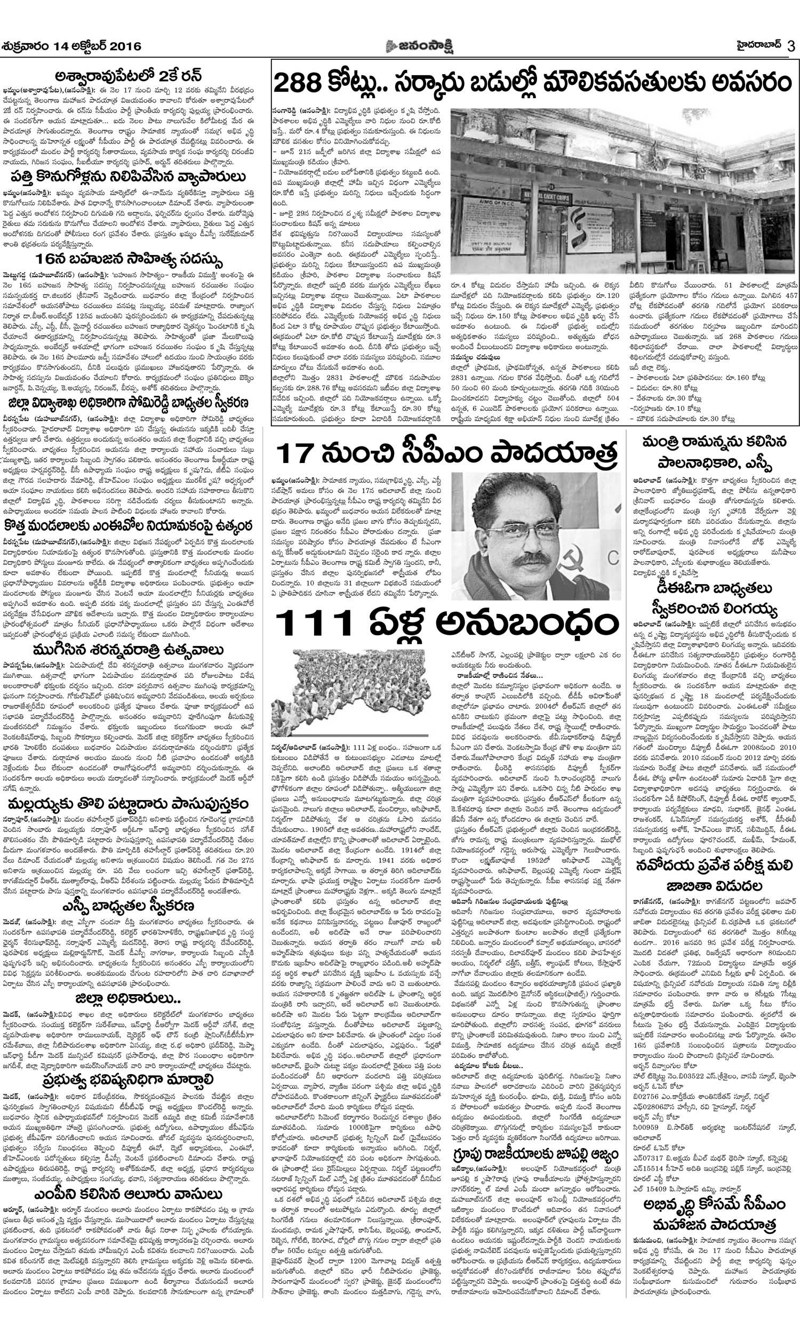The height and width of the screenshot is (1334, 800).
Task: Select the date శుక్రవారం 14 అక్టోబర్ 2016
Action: coord(71,46)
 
